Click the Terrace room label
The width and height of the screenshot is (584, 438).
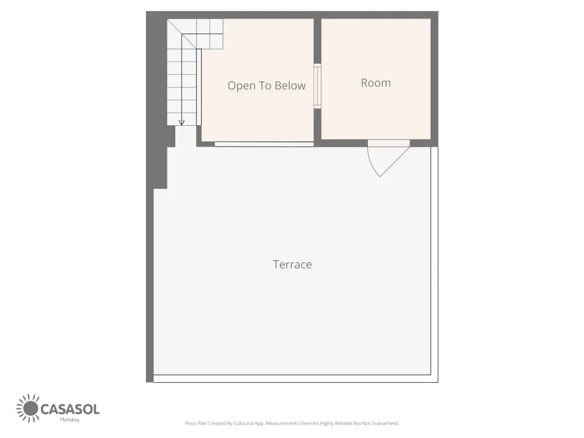293,264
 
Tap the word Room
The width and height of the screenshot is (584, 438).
376,83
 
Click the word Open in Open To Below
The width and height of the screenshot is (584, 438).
241,86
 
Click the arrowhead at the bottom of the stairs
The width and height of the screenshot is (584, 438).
182,122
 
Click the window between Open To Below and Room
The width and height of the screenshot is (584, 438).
317,86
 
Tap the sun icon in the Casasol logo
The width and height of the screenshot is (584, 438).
28,408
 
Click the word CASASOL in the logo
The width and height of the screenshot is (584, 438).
70,409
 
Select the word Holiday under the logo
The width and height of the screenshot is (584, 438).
70,420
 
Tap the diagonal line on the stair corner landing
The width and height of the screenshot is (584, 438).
182,34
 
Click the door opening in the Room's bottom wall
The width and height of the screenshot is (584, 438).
389,143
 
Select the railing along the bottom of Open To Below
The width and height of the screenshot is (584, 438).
264,144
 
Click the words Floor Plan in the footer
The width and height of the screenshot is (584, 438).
196,423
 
